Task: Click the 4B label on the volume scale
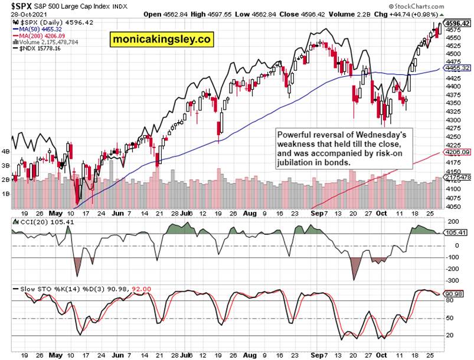click(x=6, y=151)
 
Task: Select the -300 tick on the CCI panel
click(x=453, y=280)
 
